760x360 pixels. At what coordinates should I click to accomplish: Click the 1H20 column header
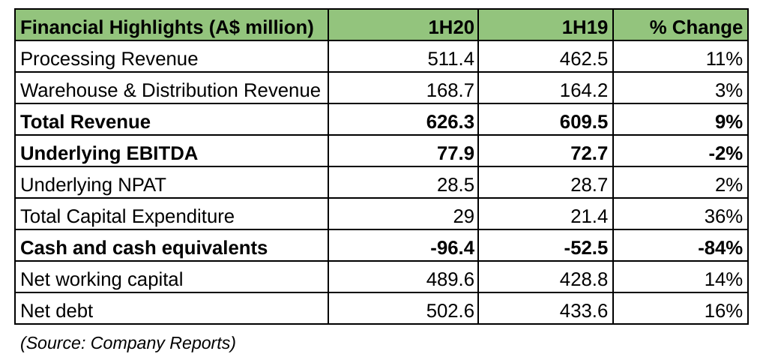tap(451, 28)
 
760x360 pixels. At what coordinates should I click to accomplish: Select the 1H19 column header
tap(585, 28)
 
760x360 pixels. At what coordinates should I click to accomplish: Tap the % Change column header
tap(696, 28)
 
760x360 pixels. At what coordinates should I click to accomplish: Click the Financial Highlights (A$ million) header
tap(166, 28)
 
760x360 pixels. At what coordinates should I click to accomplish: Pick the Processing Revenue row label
tap(109, 59)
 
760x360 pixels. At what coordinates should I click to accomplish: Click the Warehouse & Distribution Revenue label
tap(170, 91)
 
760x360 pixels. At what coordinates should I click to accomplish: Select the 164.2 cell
tap(585, 91)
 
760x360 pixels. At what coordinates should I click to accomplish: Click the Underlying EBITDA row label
tap(109, 154)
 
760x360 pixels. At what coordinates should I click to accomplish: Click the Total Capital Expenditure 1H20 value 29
tap(463, 217)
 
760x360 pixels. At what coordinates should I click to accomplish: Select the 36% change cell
tap(723, 217)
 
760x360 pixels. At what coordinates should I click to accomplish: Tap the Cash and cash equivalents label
tap(144, 248)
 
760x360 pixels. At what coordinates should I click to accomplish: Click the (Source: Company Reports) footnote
tap(127, 343)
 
